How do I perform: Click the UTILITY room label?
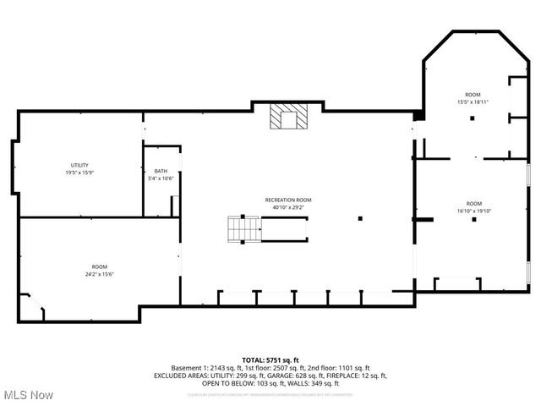79,165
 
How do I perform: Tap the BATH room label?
160,171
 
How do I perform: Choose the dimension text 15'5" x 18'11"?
473,101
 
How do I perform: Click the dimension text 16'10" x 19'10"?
473,211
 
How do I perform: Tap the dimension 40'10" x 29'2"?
287,207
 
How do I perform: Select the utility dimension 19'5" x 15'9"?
79,173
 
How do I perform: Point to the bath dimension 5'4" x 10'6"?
160,178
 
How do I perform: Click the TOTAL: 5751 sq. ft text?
270,360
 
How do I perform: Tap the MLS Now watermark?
29,395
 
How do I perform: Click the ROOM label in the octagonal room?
473,94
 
